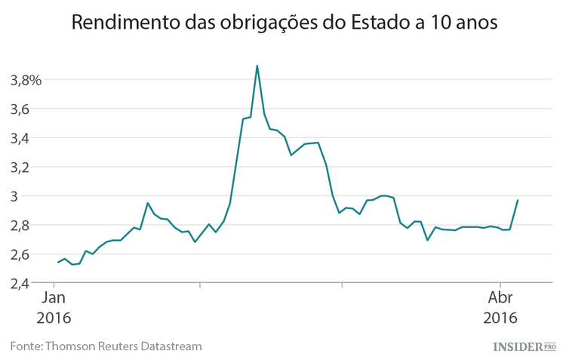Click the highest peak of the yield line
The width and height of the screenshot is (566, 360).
click(x=257, y=66)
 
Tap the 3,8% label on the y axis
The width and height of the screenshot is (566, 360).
click(x=25, y=80)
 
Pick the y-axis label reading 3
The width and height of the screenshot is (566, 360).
click(x=26, y=196)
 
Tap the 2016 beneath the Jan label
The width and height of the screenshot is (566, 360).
click(x=54, y=317)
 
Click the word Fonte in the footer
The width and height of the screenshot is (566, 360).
click(x=25, y=346)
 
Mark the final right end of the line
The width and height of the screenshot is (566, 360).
click(x=518, y=200)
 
